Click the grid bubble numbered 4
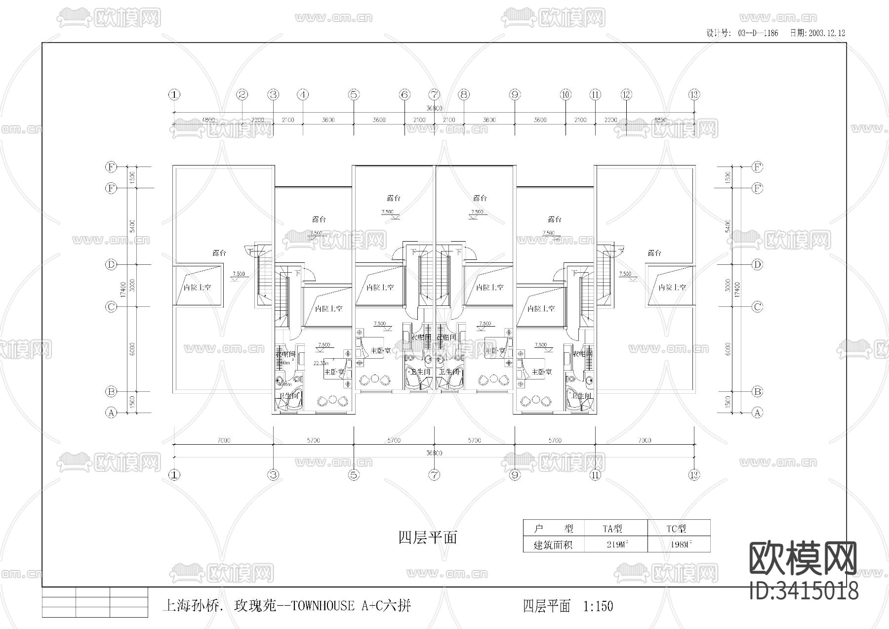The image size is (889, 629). [x=303, y=94]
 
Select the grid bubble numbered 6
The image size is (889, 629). [x=404, y=94]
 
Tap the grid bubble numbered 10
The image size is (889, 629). [x=566, y=94]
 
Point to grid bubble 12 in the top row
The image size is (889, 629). [x=626, y=94]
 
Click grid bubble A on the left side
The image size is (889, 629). [x=111, y=413]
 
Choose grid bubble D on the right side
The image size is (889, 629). [x=757, y=265]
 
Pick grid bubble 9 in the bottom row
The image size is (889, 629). [x=515, y=475]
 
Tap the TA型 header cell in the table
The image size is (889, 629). [x=612, y=529]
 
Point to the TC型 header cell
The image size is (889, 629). [x=676, y=529]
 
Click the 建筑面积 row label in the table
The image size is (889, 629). [x=553, y=545]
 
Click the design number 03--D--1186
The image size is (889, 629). [x=758, y=33]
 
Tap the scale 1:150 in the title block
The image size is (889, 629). [x=598, y=606]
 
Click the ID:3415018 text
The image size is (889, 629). [x=804, y=591]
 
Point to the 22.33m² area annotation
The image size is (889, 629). [x=321, y=363]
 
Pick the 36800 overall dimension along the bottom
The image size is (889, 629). [x=434, y=453]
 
